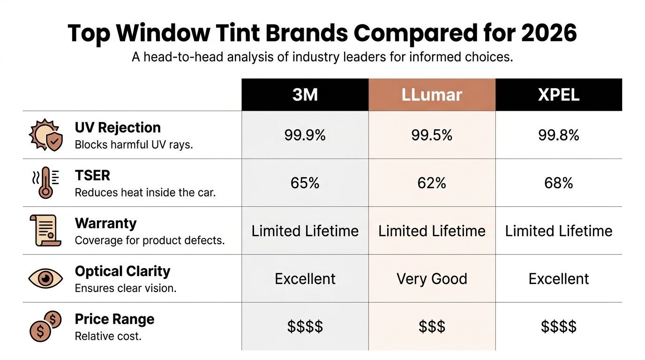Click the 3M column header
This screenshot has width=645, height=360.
click(x=305, y=95)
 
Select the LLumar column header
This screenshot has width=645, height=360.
click(x=432, y=95)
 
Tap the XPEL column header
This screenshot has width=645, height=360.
click(x=559, y=95)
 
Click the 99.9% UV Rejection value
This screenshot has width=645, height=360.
click(x=305, y=135)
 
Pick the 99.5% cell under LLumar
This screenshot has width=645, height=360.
click(x=432, y=135)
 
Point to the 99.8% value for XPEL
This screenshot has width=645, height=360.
click(x=559, y=135)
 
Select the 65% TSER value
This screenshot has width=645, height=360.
click(x=305, y=183)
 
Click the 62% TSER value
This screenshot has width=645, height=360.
click(x=432, y=183)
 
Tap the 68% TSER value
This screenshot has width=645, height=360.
click(x=559, y=183)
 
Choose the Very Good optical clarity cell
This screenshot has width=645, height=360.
click(x=432, y=279)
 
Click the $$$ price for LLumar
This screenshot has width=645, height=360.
click(x=432, y=326)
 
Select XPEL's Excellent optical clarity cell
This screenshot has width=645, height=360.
click(x=559, y=279)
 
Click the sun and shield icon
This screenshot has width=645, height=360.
click(x=45, y=135)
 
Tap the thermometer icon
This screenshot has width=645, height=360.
click(x=45, y=183)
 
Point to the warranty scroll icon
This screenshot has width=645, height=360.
click(x=45, y=231)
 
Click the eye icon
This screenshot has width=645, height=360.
click(x=45, y=279)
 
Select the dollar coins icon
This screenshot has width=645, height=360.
click(x=45, y=327)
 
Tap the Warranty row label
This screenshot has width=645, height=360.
click(x=105, y=223)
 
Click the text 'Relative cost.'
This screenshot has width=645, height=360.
click(x=108, y=336)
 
